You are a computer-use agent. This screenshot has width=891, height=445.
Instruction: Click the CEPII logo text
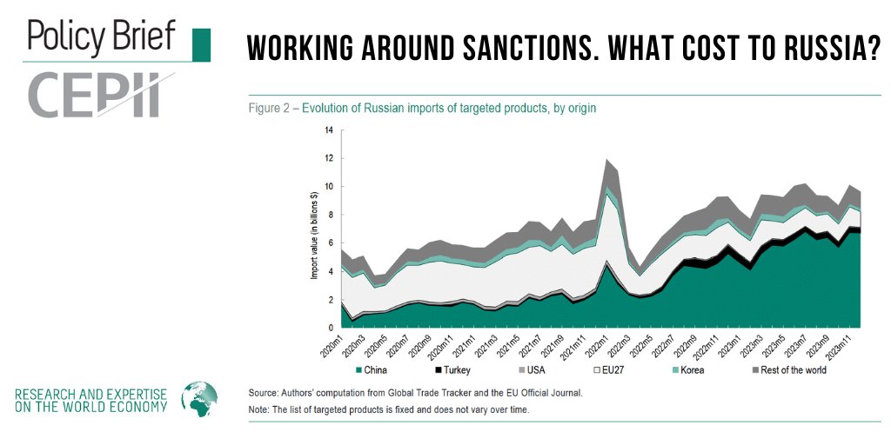pyautogui.click(x=96, y=96)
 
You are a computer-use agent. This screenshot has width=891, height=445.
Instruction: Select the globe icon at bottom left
pyautogui.click(x=198, y=399)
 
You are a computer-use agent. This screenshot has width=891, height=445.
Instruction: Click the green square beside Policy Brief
pyautogui.click(x=200, y=44)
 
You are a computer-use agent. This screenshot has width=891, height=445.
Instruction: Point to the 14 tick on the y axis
pyautogui.click(x=329, y=130)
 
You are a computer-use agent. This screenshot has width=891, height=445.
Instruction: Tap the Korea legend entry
pyautogui.click(x=683, y=370)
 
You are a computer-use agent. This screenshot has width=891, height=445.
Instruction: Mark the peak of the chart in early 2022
pyautogui.click(x=608, y=160)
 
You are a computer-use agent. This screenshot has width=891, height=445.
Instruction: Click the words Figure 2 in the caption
pyautogui.click(x=271, y=109)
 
